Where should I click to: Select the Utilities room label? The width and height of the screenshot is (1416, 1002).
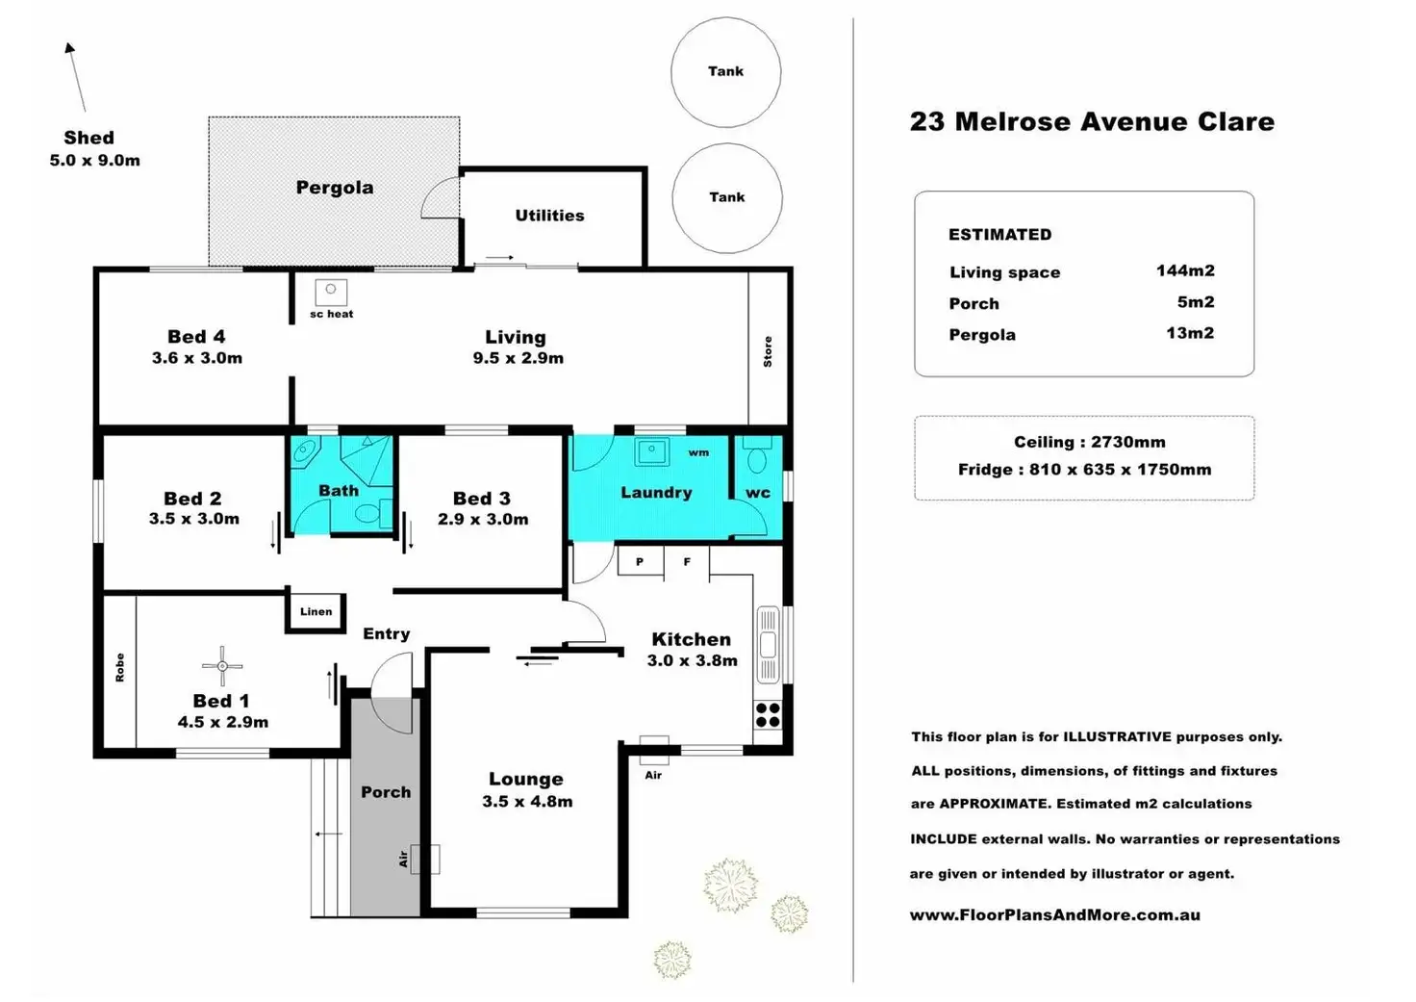coord(549,216)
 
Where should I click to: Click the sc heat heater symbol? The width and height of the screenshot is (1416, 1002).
coord(331,292)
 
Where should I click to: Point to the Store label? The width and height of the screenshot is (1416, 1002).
coord(768,351)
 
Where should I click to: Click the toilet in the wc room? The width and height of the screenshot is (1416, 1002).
coord(757,455)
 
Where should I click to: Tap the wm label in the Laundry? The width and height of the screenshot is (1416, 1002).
coord(698,453)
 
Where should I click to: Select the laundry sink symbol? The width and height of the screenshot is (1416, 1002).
coord(652,452)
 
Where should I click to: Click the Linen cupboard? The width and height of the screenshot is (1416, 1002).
coord(316,612)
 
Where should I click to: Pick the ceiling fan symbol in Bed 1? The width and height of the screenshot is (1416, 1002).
coord(222,666)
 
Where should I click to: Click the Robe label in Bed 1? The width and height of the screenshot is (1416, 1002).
coord(120,667)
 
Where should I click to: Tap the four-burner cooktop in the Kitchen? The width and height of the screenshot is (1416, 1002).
coord(768,715)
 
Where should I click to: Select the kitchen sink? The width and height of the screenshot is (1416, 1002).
coord(768,645)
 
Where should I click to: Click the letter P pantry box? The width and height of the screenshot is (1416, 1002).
coord(641,561)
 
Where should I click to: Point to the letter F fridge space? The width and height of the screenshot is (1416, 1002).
coord(687,562)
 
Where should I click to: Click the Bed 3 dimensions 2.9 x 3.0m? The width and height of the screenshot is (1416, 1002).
coord(483,520)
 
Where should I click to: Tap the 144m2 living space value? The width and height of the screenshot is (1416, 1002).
coord(1185,270)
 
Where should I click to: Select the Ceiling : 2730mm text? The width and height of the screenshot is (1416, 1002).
coord(1090,442)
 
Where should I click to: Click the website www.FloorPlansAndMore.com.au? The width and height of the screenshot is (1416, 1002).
coord(1055,914)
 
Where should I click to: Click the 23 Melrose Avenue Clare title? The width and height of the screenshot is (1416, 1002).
coord(1093,121)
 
